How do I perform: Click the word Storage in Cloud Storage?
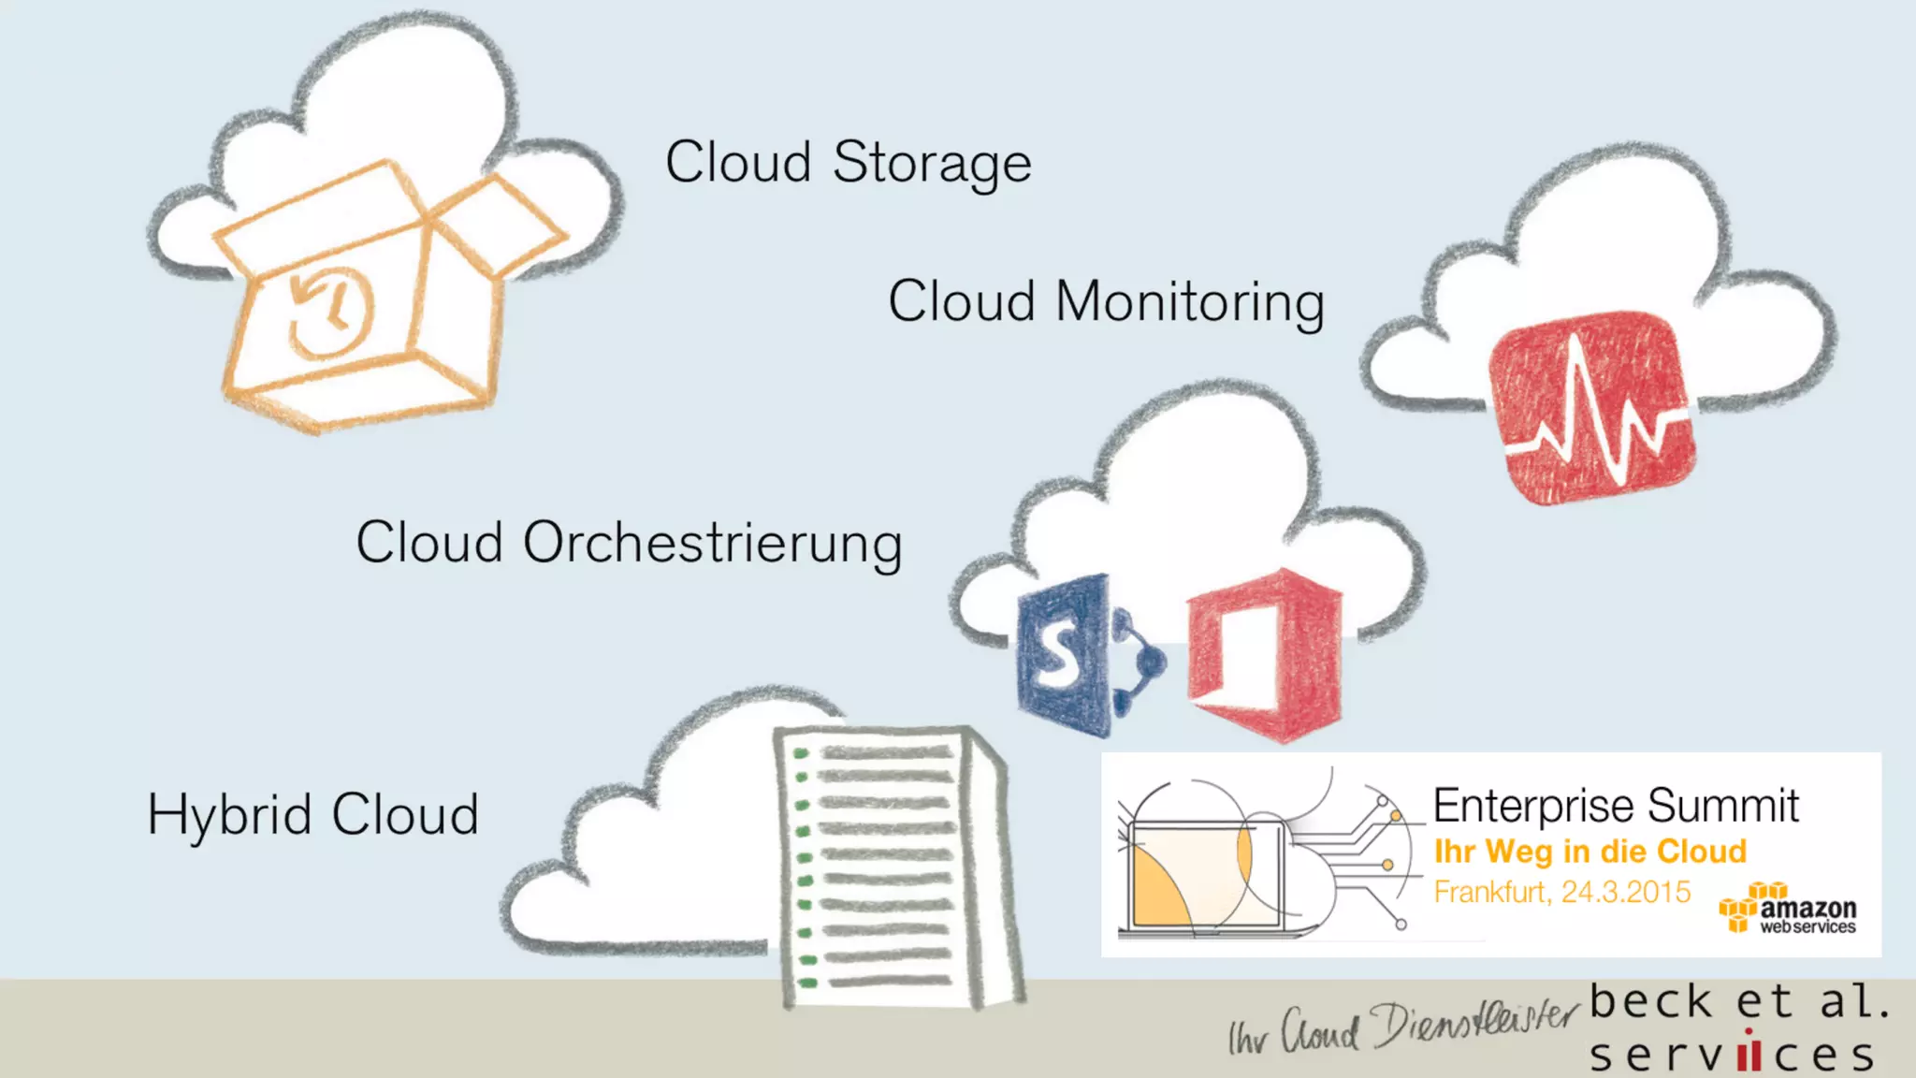pyautogui.click(x=932, y=163)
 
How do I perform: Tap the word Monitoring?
pyautogui.click(x=1190, y=302)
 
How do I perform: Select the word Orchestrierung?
pyautogui.click(x=713, y=544)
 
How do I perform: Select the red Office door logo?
pyautogui.click(x=1265, y=654)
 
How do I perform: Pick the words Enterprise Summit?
pyautogui.click(x=1616, y=806)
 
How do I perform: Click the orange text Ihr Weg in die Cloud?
pyautogui.click(x=1589, y=852)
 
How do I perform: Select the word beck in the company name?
pyautogui.click(x=1650, y=1002)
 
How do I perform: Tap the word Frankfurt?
pyautogui.click(x=1490, y=892)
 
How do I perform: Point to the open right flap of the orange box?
pyautogui.click(x=501, y=225)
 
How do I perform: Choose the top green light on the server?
pyautogui.click(x=801, y=753)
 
